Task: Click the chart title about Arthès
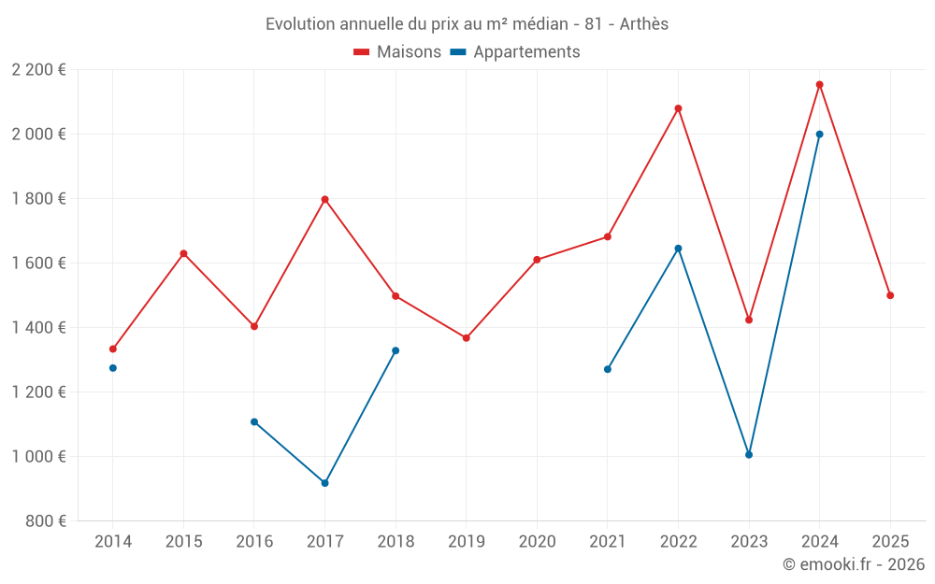coord(467,24)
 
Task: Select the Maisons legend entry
coord(397,52)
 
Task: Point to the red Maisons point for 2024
coord(819,85)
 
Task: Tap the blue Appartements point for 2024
coord(819,135)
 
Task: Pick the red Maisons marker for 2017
coord(324,199)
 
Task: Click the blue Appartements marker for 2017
coord(324,483)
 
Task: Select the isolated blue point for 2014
coord(113,368)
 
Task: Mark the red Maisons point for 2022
coord(678,108)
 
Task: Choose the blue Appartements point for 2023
coord(749,455)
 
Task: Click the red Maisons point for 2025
coord(890,295)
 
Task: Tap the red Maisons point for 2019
coord(466,338)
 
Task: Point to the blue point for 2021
coord(608,369)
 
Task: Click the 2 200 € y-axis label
coord(38,70)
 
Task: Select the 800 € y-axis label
coord(46,521)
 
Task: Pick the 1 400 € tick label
coord(38,328)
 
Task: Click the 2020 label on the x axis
coord(537,542)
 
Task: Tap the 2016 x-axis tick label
coord(254,542)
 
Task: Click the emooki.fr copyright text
coord(853,564)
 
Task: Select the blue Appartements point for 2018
coord(396,350)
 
